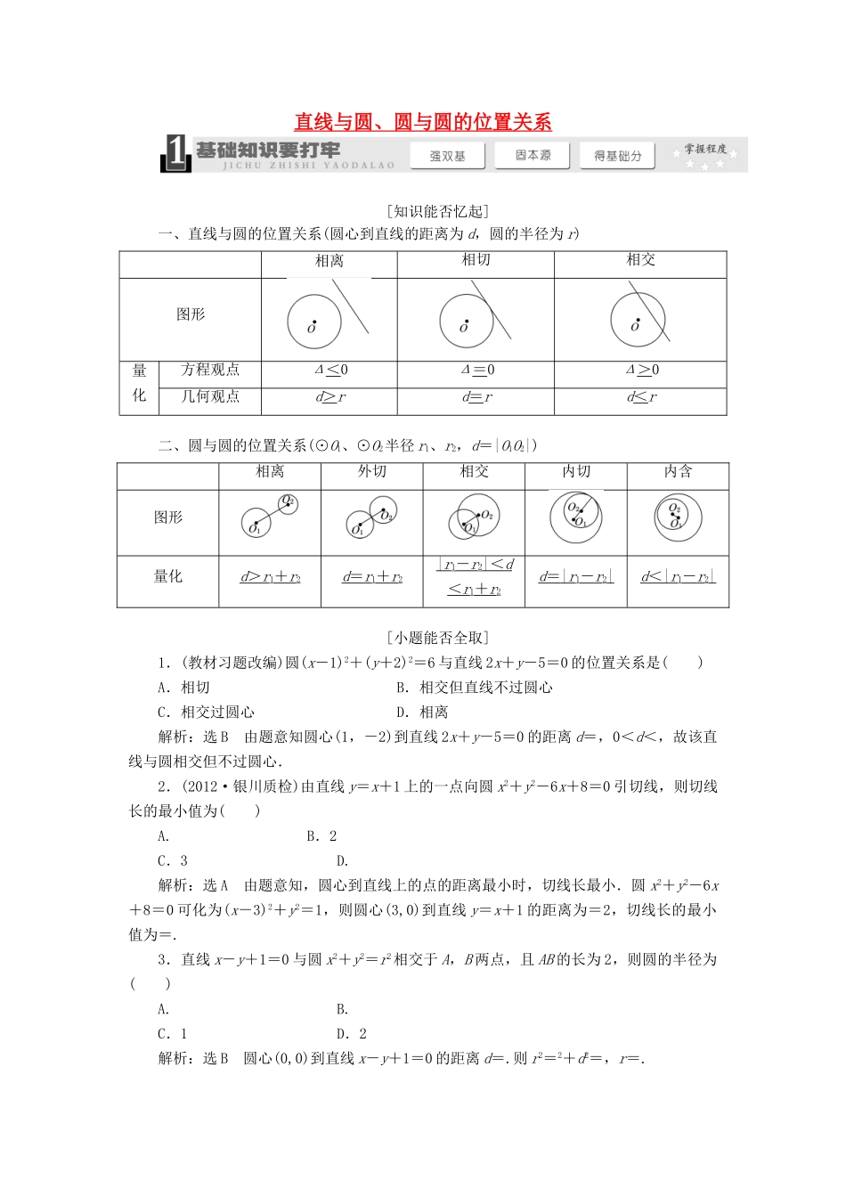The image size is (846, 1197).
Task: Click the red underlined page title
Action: tap(423, 122)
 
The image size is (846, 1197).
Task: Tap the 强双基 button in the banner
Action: tap(447, 156)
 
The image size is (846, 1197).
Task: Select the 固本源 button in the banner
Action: tap(533, 155)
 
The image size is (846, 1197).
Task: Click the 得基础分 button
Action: tap(617, 156)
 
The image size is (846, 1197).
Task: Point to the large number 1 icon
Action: tap(176, 154)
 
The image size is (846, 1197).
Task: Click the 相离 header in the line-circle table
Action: tap(329, 261)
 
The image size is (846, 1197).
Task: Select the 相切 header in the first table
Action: tap(476, 260)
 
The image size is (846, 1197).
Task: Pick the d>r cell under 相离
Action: tap(329, 397)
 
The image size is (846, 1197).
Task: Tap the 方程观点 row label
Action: tap(210, 370)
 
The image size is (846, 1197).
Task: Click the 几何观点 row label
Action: tap(210, 396)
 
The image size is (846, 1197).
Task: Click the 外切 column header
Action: tap(371, 472)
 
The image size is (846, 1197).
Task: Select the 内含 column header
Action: tap(678, 472)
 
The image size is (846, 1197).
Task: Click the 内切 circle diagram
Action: tap(575, 517)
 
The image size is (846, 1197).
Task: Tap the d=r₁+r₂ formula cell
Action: tap(371, 577)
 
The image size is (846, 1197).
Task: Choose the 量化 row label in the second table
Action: tap(167, 577)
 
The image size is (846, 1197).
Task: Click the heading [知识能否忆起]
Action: tap(438, 211)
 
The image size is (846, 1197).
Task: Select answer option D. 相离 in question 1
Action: tap(422, 712)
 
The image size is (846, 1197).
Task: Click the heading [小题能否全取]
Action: tap(438, 638)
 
